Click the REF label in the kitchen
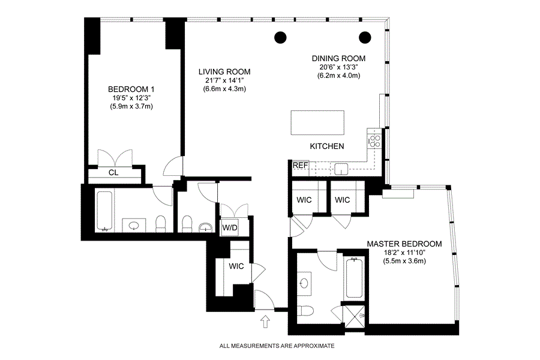coord(301,166)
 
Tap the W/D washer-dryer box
coord(230,228)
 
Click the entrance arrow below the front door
coord(265,322)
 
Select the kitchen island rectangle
coord(317,122)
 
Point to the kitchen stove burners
coord(374,140)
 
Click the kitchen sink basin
coord(341,169)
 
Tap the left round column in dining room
coord(280,37)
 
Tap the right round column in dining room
coord(365,37)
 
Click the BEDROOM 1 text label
coord(131,89)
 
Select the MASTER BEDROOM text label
coord(404,244)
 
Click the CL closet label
coord(113,173)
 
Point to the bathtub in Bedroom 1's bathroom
coord(104,211)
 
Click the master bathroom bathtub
coord(354,278)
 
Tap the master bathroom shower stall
coord(355,316)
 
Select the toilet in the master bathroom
coord(305,311)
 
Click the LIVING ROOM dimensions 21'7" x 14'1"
coord(224,80)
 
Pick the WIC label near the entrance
coord(236,266)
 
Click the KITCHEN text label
coord(327,146)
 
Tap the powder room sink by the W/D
coord(206,227)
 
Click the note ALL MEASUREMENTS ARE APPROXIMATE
coord(277,346)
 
